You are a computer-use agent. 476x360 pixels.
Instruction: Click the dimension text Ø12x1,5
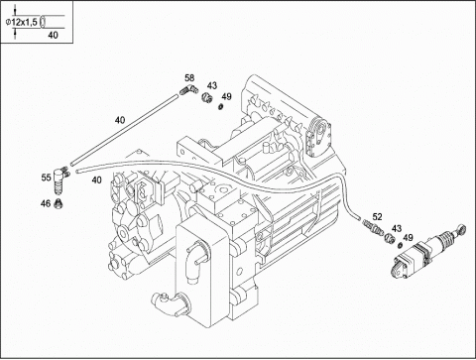pos(22,22)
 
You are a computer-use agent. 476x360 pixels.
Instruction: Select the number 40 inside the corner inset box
pos(53,35)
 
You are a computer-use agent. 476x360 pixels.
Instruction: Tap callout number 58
pos(189,78)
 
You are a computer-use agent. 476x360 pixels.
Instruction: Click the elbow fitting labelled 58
pos(188,89)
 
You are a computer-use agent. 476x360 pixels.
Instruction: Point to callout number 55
pos(46,178)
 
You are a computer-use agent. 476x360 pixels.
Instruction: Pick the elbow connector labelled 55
pos(60,179)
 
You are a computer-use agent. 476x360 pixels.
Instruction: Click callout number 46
pos(46,203)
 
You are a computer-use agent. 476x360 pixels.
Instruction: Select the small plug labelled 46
pos(59,204)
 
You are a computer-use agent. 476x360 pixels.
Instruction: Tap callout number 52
pos(377,217)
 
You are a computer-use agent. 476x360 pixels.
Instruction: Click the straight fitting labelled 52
pos(373,225)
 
